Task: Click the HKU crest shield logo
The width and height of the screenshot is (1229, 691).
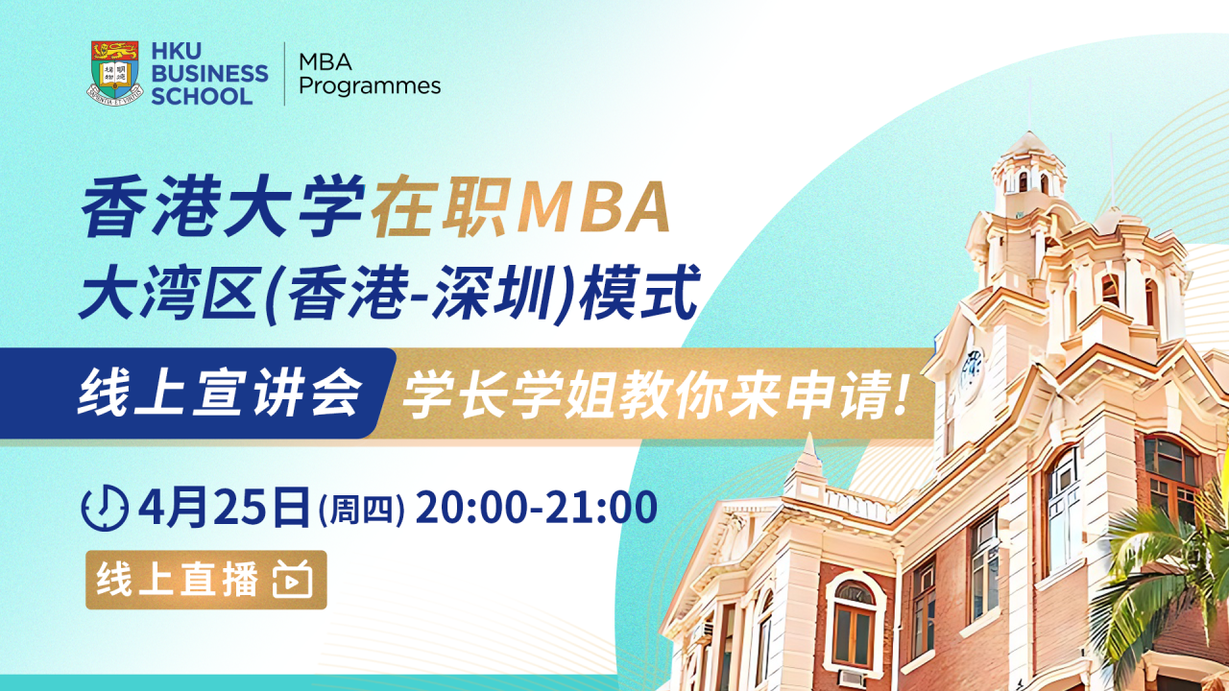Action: click(114, 72)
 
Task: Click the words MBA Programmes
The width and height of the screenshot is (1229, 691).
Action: click(370, 74)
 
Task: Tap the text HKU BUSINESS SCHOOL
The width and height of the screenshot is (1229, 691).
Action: click(209, 73)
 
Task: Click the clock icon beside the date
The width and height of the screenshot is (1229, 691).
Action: click(106, 508)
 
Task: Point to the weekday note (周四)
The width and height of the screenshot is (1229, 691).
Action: click(361, 510)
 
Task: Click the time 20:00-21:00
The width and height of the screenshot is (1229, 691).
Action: click(536, 507)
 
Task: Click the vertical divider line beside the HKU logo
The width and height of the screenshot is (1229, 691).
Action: click(285, 74)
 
